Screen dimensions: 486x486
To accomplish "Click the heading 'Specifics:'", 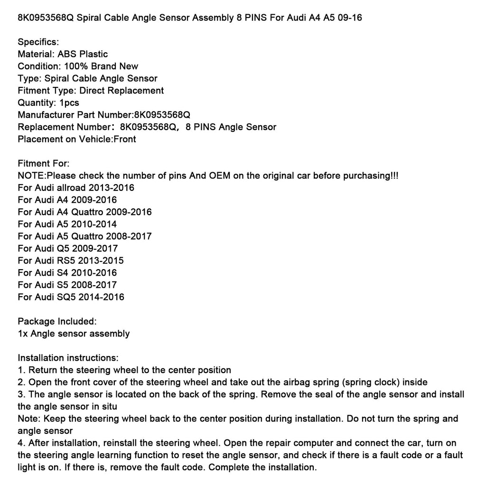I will click(x=38, y=42).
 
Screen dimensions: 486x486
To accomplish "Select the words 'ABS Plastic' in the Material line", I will click(x=83, y=54).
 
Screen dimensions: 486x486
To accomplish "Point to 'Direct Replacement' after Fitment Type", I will click(x=121, y=90).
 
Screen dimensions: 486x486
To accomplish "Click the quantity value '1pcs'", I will click(x=69, y=103).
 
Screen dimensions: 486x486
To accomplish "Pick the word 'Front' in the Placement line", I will click(x=125, y=139).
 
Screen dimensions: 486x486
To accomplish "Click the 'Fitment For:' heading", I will click(x=43, y=163).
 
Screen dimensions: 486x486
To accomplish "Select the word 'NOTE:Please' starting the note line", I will click(x=42, y=176).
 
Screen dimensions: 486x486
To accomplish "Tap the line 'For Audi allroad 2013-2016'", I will click(x=76, y=187).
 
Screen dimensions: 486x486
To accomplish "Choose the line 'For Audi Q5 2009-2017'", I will click(x=67, y=248).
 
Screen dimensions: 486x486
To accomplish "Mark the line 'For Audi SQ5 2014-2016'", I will click(x=71, y=297).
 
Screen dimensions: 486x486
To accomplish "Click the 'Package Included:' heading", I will click(x=57, y=321).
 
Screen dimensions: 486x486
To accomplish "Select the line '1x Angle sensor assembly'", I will click(x=74, y=334).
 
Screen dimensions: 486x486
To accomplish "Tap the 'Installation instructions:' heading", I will click(x=68, y=358).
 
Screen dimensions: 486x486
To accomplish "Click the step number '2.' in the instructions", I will click(x=21, y=382).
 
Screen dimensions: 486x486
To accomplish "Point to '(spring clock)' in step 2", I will click(x=350, y=382).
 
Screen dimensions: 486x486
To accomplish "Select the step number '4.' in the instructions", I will click(x=21, y=443).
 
